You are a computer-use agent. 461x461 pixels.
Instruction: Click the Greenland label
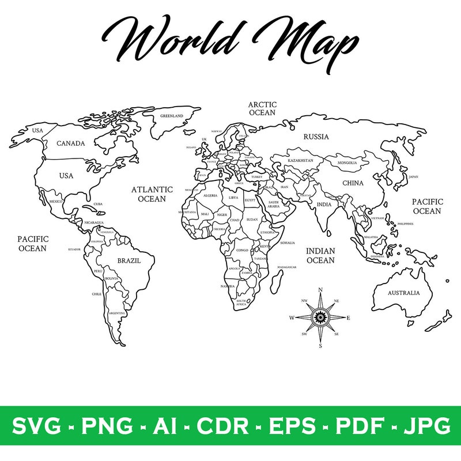[172, 116]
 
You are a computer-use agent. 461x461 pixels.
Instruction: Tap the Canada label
[71, 143]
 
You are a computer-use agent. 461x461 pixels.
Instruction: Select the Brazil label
[129, 260]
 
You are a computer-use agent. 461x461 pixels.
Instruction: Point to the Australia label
[403, 293]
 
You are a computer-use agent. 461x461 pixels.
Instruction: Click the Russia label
[316, 137]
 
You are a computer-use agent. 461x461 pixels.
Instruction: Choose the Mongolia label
[347, 163]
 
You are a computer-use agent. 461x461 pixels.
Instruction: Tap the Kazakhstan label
[300, 160]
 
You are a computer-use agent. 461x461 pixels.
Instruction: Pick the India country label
[324, 204]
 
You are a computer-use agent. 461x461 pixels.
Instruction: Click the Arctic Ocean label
[262, 108]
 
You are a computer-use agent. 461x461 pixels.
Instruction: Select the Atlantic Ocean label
[152, 194]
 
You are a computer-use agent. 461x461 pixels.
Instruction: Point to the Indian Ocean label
[320, 255]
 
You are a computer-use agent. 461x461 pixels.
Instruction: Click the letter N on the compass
[320, 290]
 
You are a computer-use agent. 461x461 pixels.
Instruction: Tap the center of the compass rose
[320, 318]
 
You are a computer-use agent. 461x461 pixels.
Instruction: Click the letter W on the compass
[292, 318]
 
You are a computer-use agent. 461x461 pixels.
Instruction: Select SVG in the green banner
[36, 426]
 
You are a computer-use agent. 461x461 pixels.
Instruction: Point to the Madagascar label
[287, 267]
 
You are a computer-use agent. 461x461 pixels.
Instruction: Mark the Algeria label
[210, 195]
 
